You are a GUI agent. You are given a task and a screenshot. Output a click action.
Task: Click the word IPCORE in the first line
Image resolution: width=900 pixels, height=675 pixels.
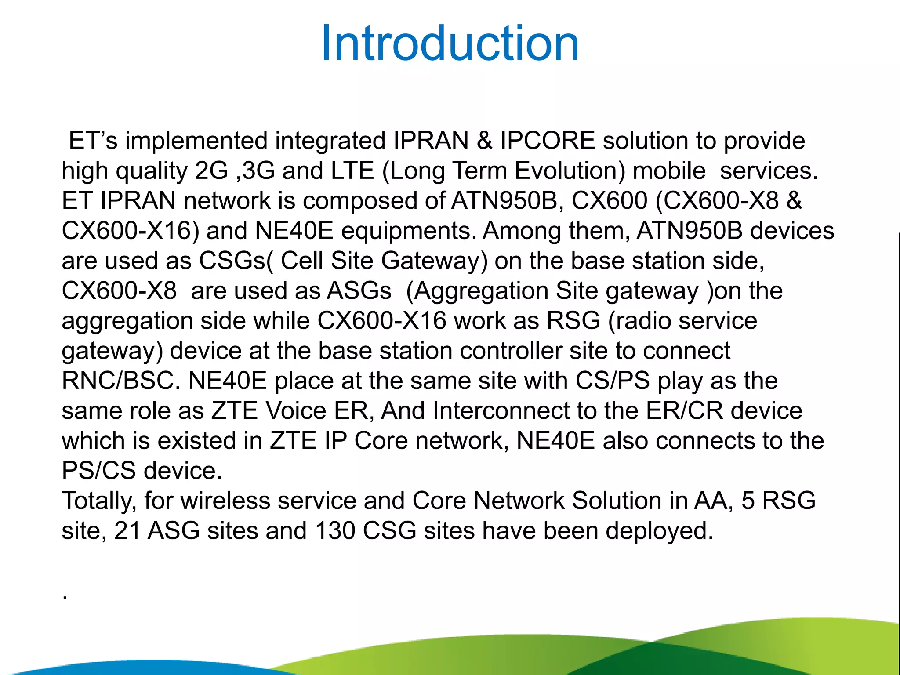(547, 141)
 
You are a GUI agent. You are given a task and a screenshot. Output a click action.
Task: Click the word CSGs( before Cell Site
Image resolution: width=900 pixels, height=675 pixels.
(236, 261)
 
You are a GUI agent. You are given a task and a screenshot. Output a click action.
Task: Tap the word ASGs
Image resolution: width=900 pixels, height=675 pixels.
(359, 291)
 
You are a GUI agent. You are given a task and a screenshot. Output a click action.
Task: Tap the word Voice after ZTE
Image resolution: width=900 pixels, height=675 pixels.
(296, 411)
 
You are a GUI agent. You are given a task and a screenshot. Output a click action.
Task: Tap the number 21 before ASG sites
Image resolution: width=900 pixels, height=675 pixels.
(127, 531)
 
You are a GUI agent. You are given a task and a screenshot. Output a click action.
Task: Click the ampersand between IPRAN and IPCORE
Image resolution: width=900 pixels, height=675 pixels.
(484, 141)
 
